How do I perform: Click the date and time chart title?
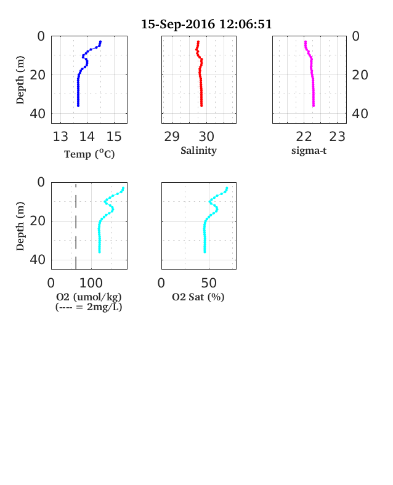point(206,24)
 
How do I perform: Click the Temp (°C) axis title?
point(89,154)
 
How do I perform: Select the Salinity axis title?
point(199,150)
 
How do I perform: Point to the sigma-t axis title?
point(309,151)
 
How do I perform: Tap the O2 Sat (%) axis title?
point(198,297)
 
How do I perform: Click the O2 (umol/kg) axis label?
point(89,297)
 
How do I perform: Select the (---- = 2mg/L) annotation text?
point(89,307)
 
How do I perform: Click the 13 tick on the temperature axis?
point(60,137)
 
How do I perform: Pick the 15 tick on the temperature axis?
point(114,137)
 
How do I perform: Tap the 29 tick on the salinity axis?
point(172,137)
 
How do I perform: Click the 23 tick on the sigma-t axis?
point(337,137)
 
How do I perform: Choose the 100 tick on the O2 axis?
point(91,283)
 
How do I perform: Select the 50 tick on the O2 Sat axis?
point(209,283)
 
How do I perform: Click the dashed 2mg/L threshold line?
point(76,226)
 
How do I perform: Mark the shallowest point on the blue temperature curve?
point(100,42)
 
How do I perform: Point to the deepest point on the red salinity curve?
point(201,106)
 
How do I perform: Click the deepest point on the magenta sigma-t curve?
point(314,106)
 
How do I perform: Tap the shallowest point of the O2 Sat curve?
point(227,188)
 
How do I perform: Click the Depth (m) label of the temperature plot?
point(20,80)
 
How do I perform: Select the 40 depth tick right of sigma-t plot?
point(360,114)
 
